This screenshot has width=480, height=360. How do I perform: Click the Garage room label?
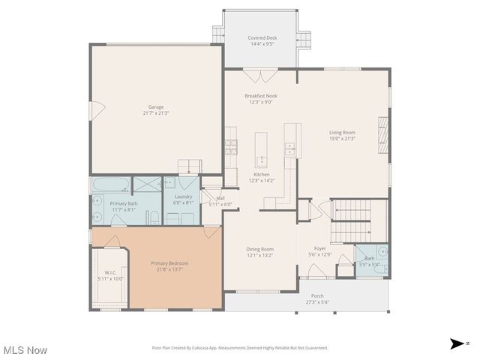click(156, 109)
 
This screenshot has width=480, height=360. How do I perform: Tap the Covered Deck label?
click(262, 40)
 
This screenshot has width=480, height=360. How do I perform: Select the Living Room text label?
click(342, 135)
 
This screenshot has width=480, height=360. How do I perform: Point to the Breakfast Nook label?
click(260, 98)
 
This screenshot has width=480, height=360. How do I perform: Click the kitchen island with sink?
click(261, 150)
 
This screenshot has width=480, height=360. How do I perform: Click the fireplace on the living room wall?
click(383, 136)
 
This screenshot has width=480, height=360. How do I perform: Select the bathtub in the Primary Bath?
click(110, 184)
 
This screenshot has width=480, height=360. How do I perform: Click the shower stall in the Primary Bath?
click(147, 185)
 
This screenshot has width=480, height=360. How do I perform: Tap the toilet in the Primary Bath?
click(153, 218)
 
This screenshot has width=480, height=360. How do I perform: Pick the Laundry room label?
click(183, 199)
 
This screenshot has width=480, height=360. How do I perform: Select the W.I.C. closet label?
click(111, 274)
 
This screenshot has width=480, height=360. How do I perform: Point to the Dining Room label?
click(260, 252)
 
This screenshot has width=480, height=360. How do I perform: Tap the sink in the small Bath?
click(382, 252)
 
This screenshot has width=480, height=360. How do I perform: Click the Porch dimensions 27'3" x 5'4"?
click(316, 303)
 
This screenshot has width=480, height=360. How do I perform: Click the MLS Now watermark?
click(25, 350)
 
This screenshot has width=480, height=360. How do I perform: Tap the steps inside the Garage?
click(189, 166)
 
